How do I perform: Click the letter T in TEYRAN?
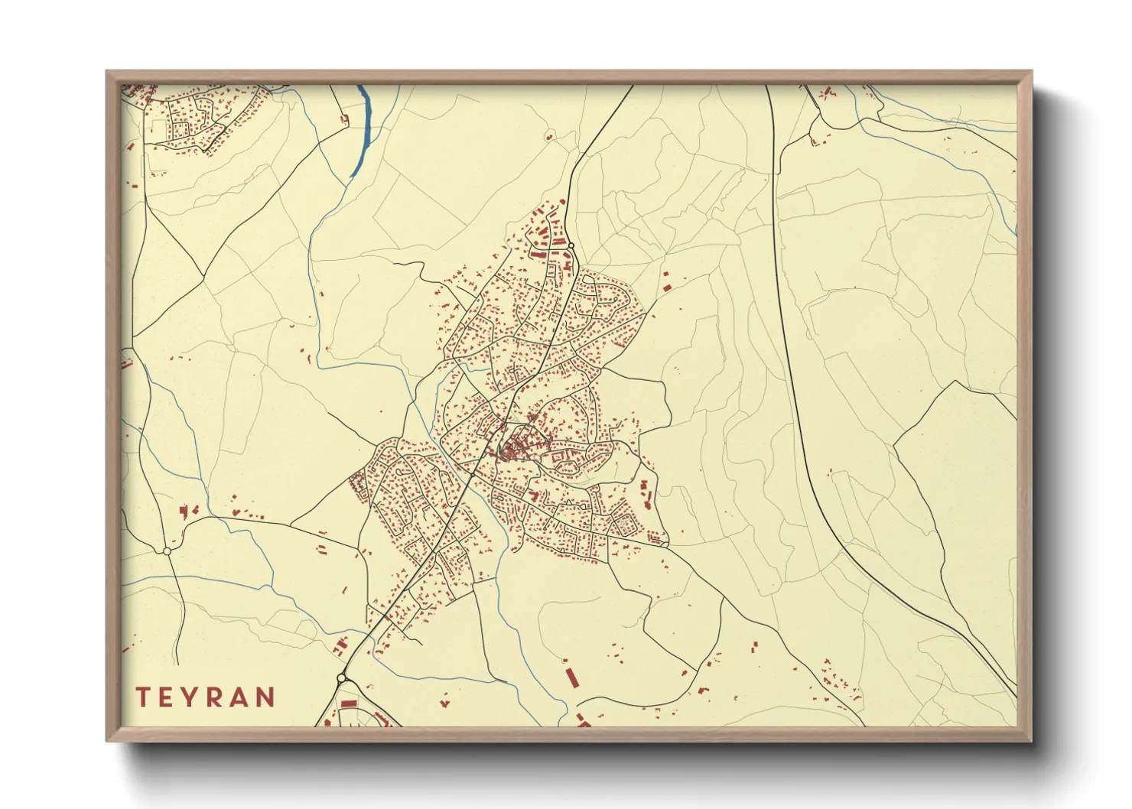(142, 697)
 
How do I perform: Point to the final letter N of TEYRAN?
(265, 697)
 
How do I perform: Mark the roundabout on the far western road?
(167, 551)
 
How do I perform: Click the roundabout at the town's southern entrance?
(341, 677)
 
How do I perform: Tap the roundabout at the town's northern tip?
(571, 245)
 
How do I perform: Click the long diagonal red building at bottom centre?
(570, 677)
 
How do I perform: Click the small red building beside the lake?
(344, 119)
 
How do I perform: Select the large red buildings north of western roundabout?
(187, 511)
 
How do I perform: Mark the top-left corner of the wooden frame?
(108, 73)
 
